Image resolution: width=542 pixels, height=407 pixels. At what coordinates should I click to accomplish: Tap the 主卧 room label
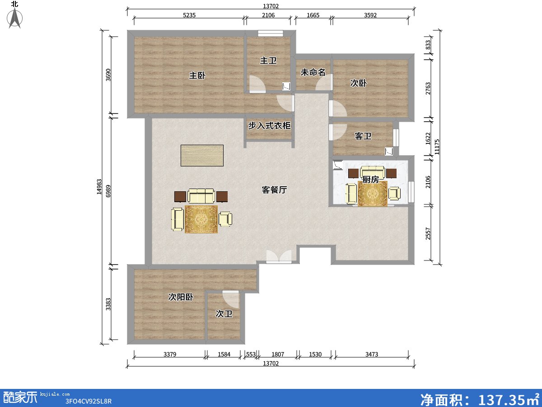click(x=197, y=76)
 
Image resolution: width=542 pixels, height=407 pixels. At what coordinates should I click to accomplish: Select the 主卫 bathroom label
click(x=268, y=61)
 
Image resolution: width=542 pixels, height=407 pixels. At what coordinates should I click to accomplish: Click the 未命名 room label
click(x=313, y=72)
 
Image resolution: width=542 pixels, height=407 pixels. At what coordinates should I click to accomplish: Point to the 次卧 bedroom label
click(x=358, y=83)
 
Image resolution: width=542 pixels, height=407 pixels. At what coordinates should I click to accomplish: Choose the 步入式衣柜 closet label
click(x=269, y=125)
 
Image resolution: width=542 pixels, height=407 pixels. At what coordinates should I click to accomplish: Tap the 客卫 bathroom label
click(x=363, y=136)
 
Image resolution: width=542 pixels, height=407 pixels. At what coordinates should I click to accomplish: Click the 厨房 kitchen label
click(x=370, y=180)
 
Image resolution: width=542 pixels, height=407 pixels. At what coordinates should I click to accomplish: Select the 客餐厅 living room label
click(x=274, y=190)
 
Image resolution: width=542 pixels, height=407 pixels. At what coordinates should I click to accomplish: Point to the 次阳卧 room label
click(x=181, y=297)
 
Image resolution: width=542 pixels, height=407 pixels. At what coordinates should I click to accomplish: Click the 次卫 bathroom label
click(x=224, y=313)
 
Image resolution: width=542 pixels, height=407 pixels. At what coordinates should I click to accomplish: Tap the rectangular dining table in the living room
click(x=202, y=156)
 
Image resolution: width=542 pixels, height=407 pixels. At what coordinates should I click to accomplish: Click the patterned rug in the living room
click(x=201, y=219)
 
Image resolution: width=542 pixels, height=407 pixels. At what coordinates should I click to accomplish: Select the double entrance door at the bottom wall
click(x=279, y=256)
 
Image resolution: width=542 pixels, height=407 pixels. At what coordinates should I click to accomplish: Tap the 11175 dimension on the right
click(x=437, y=147)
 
